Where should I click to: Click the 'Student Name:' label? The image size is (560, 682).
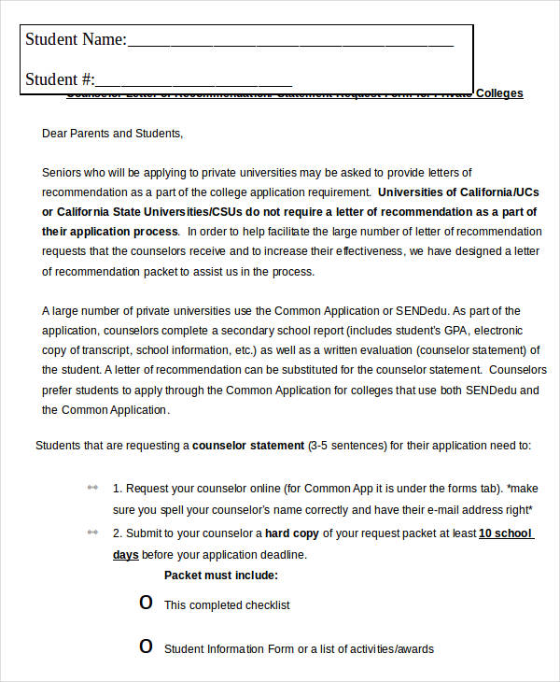(75, 39)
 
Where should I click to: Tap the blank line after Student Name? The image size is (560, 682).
(289, 43)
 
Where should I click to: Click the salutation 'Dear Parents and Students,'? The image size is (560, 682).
(113, 134)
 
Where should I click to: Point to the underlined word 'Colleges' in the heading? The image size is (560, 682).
(499, 93)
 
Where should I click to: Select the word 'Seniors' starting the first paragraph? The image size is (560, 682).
(62, 173)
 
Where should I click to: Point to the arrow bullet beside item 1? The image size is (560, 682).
(92, 488)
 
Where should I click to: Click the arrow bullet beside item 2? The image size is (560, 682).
(92, 532)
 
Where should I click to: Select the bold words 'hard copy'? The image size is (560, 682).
(291, 533)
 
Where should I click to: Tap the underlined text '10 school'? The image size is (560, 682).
(505, 533)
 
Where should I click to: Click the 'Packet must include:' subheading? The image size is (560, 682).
(221, 575)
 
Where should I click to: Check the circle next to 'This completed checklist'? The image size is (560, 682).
(146, 604)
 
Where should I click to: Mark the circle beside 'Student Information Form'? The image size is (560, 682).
(146, 646)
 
